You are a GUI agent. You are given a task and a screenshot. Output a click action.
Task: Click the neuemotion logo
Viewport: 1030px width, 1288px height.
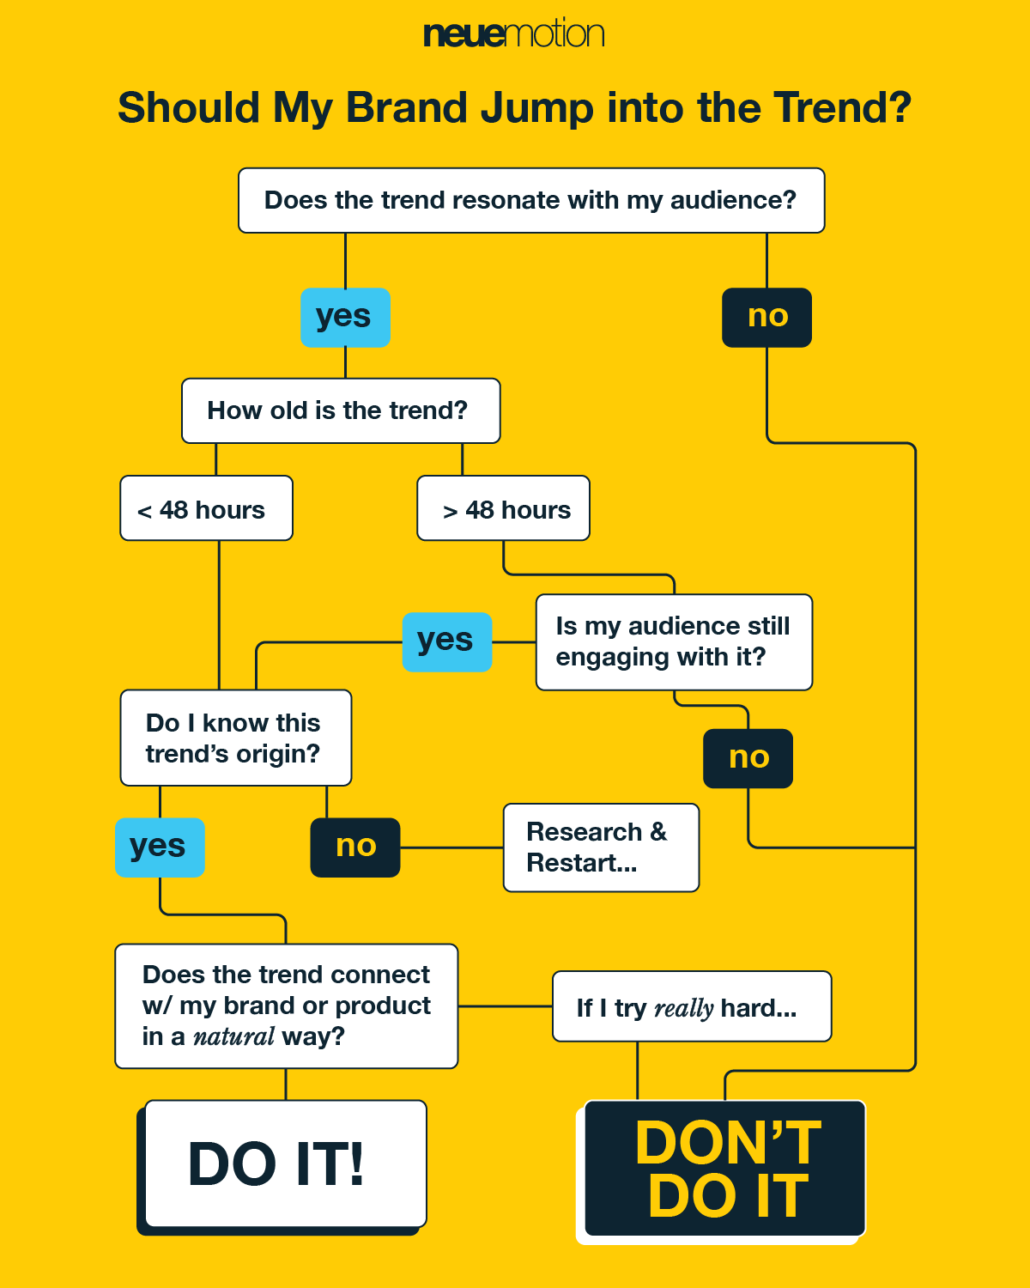point(513,33)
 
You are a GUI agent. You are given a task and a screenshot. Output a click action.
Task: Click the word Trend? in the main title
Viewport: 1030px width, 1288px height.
point(842,108)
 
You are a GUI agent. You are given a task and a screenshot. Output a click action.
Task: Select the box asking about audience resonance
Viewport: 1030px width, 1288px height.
point(530,200)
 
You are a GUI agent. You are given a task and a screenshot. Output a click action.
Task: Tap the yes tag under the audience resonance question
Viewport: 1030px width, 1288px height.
point(345,317)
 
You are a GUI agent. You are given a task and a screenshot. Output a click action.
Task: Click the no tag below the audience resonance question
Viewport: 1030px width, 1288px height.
point(766,317)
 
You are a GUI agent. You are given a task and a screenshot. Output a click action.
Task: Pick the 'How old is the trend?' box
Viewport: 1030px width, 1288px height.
point(340,410)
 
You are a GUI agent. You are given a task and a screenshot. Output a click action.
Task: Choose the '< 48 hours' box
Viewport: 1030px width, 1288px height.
point(206,508)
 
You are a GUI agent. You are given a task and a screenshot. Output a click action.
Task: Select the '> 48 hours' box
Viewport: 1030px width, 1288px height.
point(503,508)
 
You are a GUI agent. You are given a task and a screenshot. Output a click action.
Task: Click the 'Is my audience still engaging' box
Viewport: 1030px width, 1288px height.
point(674,641)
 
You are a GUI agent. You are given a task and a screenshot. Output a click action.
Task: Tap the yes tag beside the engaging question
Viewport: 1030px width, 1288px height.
point(447,641)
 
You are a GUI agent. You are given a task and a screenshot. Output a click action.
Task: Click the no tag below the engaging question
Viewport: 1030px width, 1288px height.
point(748,758)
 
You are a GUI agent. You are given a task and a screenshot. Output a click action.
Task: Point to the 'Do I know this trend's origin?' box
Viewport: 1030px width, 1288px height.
point(235,738)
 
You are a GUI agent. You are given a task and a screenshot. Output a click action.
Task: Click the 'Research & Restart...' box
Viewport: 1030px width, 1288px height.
point(601,848)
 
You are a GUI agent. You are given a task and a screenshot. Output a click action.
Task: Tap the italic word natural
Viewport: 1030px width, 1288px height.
point(233,1037)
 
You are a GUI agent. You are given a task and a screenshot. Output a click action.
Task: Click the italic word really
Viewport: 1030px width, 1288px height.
point(684,1008)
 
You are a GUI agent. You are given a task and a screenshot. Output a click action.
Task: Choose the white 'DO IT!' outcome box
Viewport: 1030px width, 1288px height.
point(285,1163)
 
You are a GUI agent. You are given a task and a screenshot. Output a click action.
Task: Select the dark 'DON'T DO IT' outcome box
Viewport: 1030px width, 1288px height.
point(725,1169)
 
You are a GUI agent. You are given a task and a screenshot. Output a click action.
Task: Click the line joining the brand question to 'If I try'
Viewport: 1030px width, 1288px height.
point(505,1005)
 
